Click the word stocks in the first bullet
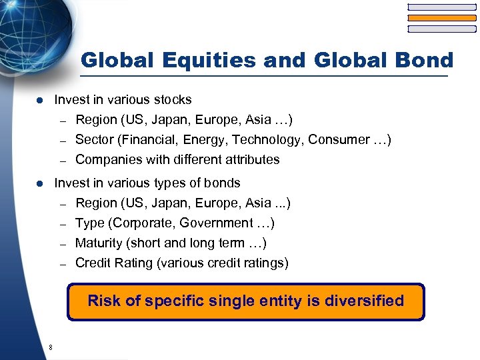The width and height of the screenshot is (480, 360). pyautogui.click(x=173, y=100)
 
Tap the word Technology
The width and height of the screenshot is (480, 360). pyautogui.click(x=261, y=140)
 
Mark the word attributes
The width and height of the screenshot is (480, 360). pyautogui.click(x=251, y=160)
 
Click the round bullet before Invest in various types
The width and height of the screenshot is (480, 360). pyautogui.click(x=39, y=183)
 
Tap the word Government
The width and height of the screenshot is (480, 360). pyautogui.click(x=213, y=223)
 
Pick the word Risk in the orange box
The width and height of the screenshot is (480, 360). pyautogui.click(x=104, y=301)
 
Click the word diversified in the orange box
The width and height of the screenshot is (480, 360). pyautogui.click(x=364, y=301)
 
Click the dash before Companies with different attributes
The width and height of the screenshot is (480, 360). pyautogui.click(x=63, y=161)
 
